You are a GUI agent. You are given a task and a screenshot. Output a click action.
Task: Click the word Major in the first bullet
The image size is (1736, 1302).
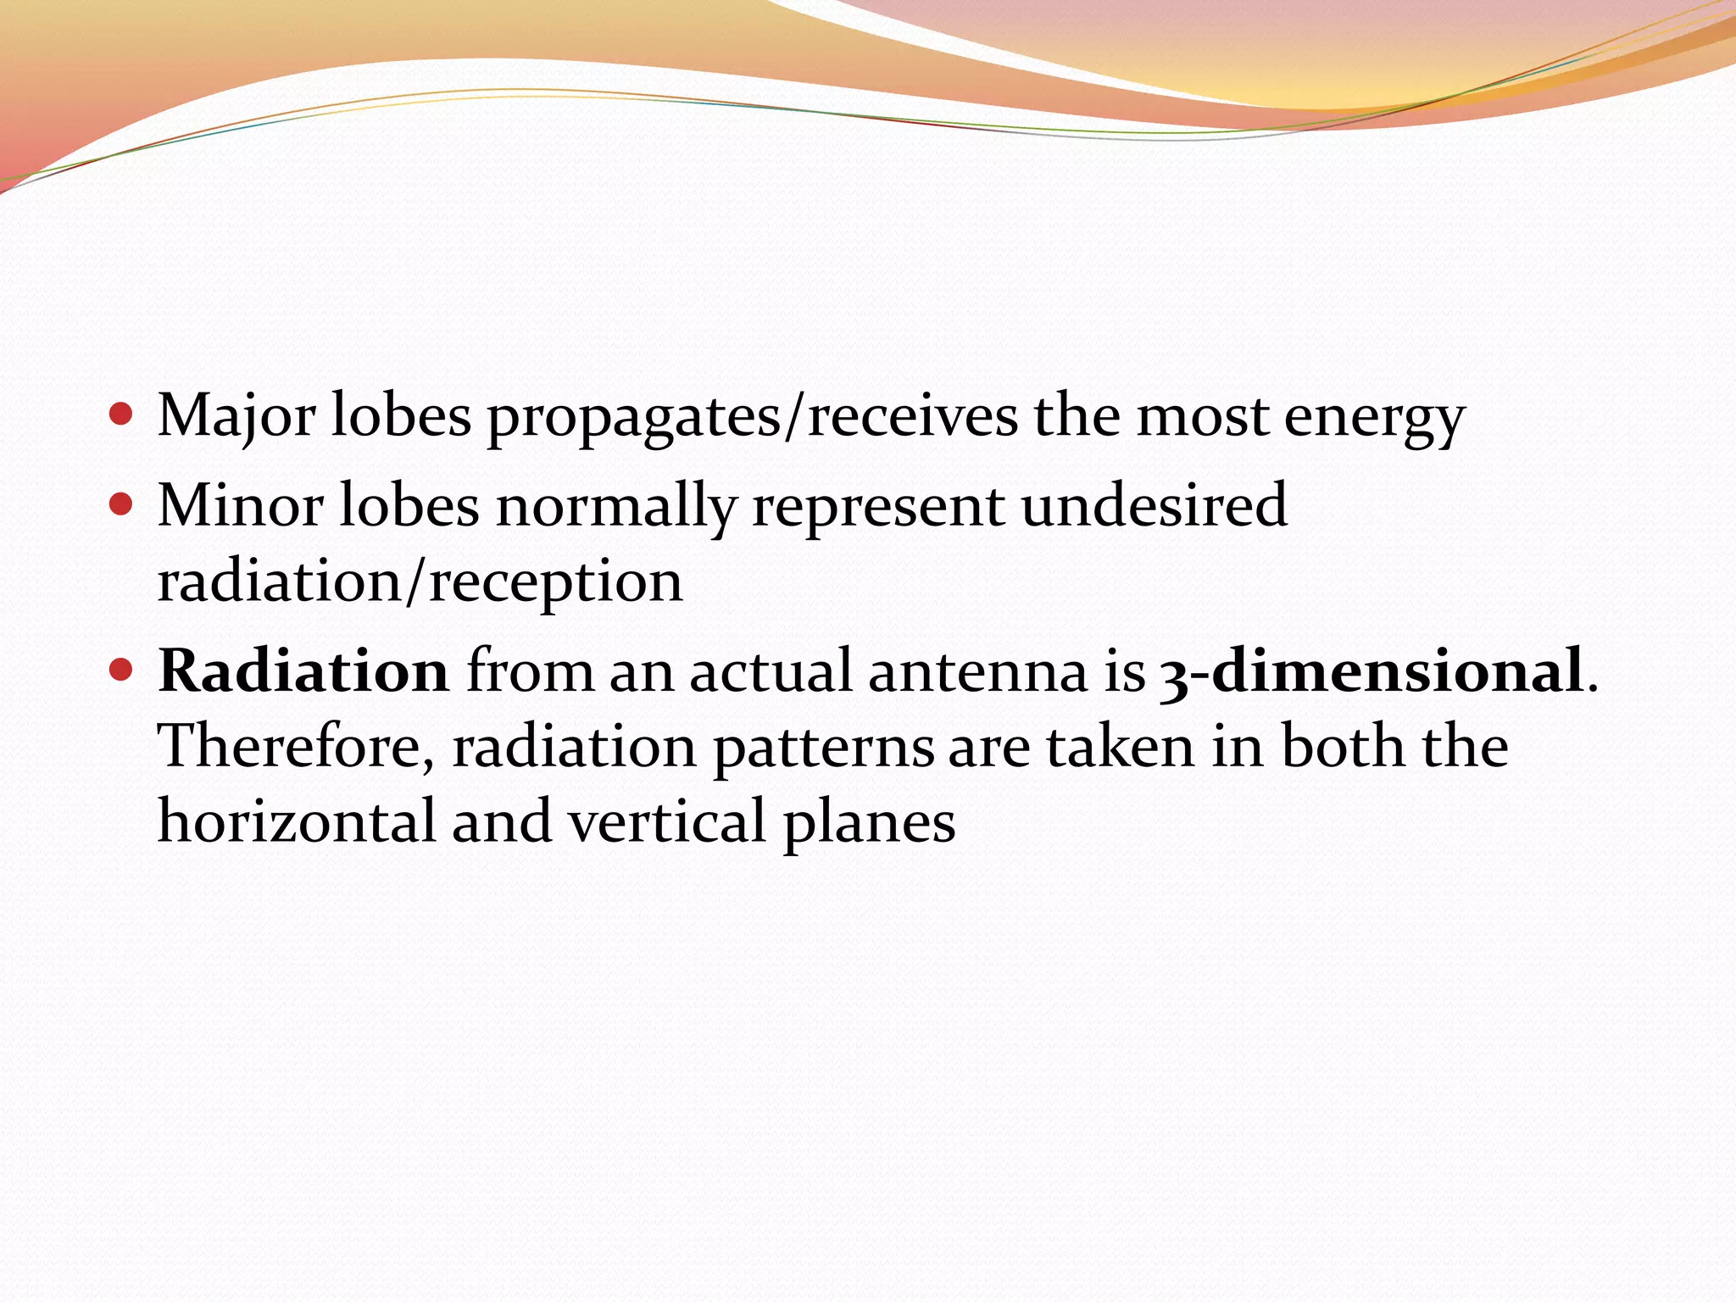(236, 417)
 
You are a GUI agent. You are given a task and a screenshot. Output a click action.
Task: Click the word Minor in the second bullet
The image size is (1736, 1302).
(240, 506)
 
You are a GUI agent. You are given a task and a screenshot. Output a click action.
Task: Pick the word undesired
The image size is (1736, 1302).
(1154, 506)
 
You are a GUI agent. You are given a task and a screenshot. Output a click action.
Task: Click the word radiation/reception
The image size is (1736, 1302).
(420, 583)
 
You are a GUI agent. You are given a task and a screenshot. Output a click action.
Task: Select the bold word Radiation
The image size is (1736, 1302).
(303, 671)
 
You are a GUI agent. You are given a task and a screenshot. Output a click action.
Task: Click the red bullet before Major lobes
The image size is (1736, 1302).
(122, 415)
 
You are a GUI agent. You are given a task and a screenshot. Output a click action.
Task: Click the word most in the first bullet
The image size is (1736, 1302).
(1202, 417)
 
